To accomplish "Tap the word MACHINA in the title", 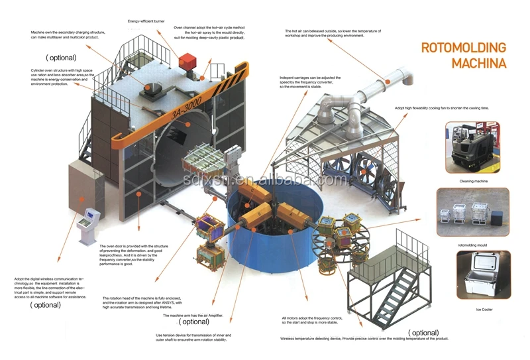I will [x=479, y=64].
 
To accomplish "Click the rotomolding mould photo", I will [x=472, y=211].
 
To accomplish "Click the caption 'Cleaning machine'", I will [x=473, y=180].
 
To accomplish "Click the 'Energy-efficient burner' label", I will [x=146, y=21].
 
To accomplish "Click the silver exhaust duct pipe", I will [x=371, y=93].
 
